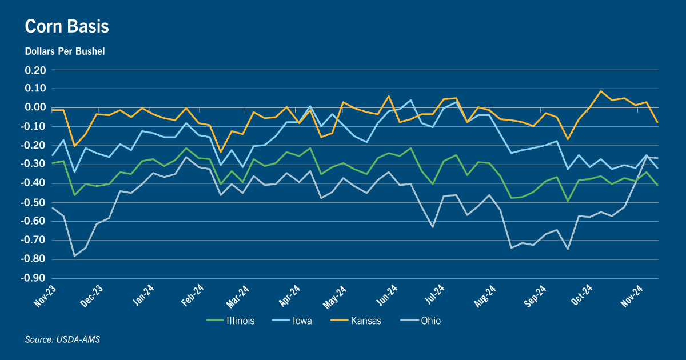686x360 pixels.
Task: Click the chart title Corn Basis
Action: tap(67, 26)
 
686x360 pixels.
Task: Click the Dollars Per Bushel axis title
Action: tap(65, 51)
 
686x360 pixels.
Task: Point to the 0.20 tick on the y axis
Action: tap(35, 70)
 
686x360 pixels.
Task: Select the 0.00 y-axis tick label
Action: tap(35, 107)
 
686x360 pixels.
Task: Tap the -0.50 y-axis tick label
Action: tap(33, 202)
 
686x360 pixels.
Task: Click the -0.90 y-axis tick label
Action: tap(33, 278)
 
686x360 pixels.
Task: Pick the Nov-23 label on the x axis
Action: tap(45, 296)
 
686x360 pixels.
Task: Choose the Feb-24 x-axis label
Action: tap(192, 295)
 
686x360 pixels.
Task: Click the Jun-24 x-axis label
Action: tap(387, 295)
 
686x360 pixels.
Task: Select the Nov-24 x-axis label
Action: tap(632, 296)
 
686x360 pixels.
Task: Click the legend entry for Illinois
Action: tap(230, 321)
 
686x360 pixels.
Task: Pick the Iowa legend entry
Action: tap(292, 321)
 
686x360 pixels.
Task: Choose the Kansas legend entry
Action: tap(356, 321)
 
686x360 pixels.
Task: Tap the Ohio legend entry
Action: tap(421, 321)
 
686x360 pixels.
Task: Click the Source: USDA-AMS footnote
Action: tap(62, 339)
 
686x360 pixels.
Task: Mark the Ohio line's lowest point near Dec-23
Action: tap(74, 256)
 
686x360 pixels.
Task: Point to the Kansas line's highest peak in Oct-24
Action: tap(601, 91)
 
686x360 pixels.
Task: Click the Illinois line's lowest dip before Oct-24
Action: tap(568, 201)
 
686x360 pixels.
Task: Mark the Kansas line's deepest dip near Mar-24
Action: tap(221, 152)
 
